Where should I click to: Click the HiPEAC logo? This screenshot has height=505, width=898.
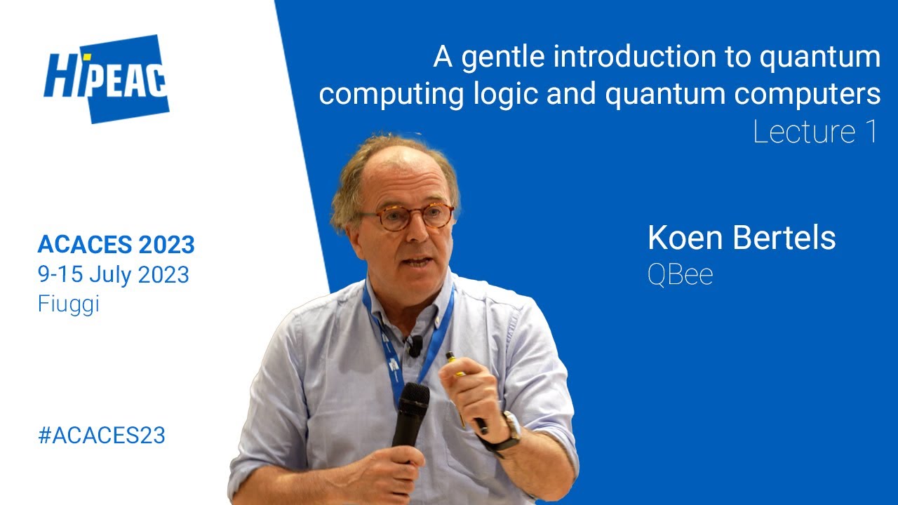point(107,79)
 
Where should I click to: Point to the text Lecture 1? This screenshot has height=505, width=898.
point(815,132)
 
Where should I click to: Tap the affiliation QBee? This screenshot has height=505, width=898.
point(680,275)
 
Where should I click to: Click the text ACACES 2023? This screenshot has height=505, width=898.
point(116,245)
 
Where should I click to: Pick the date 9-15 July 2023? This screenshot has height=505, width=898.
point(114,274)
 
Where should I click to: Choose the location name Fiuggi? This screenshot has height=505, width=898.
point(68,304)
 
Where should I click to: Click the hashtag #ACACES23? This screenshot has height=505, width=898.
point(102,435)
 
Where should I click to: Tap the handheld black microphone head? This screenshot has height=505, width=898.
point(413,403)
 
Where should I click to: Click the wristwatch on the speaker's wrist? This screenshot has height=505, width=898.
point(510,429)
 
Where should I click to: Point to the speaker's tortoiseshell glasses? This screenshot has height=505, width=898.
point(408,216)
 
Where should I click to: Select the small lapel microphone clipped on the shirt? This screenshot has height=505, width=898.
point(415,345)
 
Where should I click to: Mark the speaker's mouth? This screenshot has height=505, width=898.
point(418,262)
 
